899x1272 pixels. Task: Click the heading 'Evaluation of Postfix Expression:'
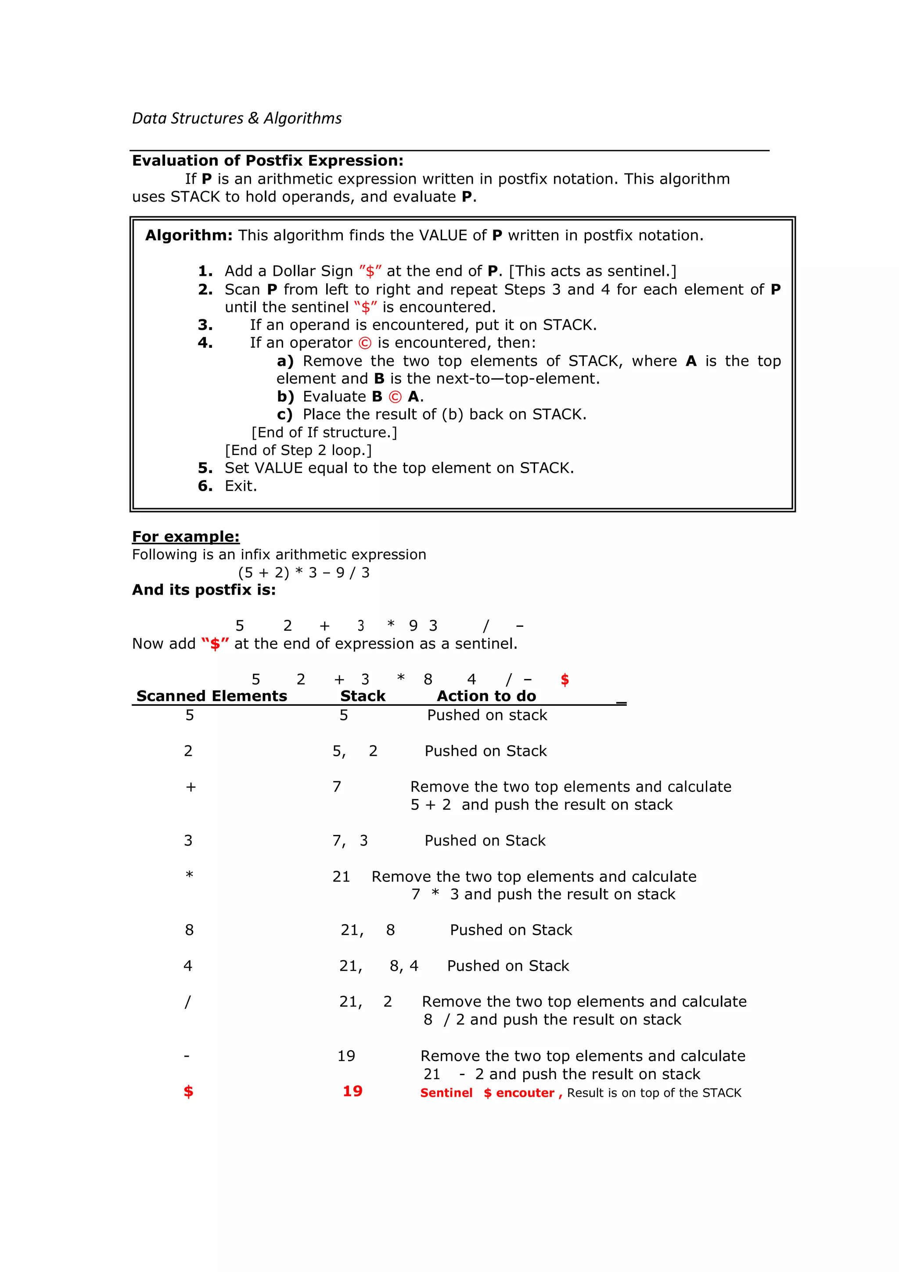point(267,161)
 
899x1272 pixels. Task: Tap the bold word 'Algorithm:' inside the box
point(189,235)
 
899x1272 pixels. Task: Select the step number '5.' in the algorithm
point(205,468)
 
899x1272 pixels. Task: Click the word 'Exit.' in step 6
point(241,486)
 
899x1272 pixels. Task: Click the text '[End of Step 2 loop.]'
point(298,450)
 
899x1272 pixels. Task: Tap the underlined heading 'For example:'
point(185,536)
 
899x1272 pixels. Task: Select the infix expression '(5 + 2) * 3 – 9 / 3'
point(303,572)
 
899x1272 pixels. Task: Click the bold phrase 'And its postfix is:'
point(204,590)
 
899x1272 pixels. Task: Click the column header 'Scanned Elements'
point(212,696)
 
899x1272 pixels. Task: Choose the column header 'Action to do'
point(486,696)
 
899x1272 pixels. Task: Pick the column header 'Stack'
point(363,696)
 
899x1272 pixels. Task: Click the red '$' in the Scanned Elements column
point(188,1091)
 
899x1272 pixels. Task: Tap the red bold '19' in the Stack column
point(352,1091)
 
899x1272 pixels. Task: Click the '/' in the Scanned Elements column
point(188,1001)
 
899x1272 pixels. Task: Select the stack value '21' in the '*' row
point(341,876)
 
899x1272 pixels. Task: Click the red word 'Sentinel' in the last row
point(446,1092)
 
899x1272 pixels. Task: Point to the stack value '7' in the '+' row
point(337,787)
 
